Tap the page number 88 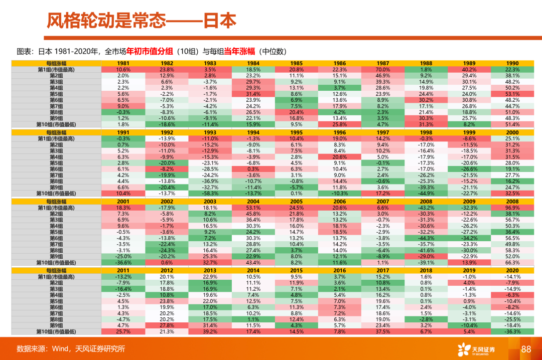pos(526,349)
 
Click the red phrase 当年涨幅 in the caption pos(239,51)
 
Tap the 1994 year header pos(253,132)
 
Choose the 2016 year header pos(339,270)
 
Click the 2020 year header pos(512,270)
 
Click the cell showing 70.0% pos(382,69)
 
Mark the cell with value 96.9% pos(512,207)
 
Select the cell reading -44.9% pos(426,193)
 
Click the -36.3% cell pos(512,331)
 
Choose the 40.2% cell pos(469,69)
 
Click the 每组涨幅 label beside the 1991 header pos(56,132)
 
